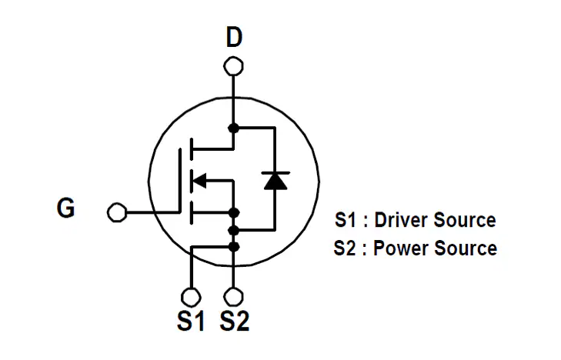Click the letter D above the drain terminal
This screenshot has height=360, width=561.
pos(234,36)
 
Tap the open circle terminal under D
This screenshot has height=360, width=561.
pos(234,67)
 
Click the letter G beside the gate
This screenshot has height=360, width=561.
pos(66,208)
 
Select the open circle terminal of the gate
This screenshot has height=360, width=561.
pos(117,212)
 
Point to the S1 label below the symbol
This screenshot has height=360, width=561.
pos(192,322)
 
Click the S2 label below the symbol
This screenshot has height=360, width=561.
pos(235,322)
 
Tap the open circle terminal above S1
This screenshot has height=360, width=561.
pos(192,296)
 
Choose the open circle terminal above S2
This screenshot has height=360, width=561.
pos(234,296)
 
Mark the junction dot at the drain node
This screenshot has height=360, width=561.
pos(234,127)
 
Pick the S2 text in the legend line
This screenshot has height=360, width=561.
pos(346,248)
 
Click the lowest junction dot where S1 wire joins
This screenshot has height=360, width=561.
pos(234,246)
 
